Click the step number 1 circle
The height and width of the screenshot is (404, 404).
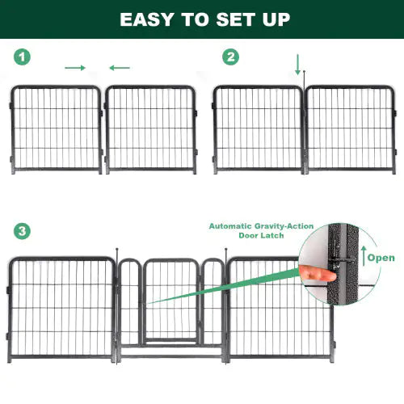pos(23,57)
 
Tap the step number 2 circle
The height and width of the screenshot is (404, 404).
pos(232,57)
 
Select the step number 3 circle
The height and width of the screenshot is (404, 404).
pos(23,231)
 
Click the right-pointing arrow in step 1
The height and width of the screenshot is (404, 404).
pos(75,68)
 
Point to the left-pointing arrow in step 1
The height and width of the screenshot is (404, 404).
pos(119,68)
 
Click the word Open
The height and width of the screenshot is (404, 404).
pos(381,259)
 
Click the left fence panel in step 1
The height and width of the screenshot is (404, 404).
pos(57,129)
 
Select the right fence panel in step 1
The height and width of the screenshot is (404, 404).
pos(151,129)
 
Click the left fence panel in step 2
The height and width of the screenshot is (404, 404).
pos(258,129)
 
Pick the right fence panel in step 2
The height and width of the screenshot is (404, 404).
pos(351,129)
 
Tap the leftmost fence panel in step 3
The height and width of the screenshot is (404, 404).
pos(61,307)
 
